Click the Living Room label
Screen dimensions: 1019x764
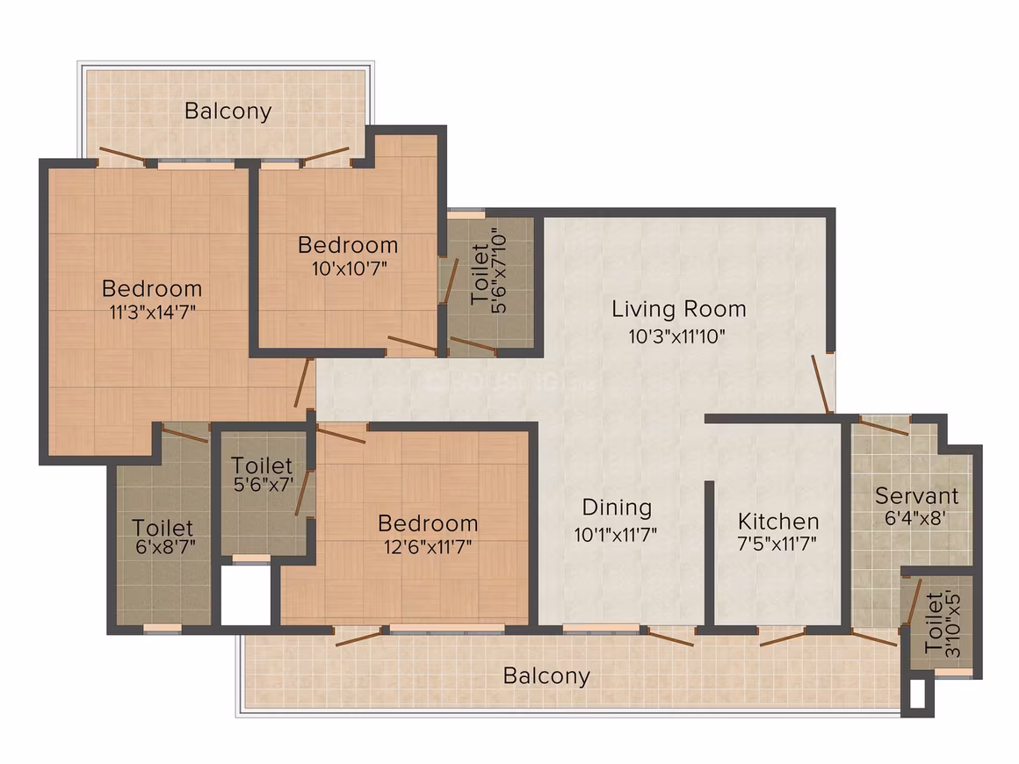tap(678, 308)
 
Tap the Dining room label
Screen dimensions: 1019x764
tap(617, 508)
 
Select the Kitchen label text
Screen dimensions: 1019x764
tap(778, 521)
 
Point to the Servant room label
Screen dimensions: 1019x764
tap(916, 495)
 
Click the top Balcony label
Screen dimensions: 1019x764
tap(228, 111)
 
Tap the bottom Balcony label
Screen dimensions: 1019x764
tap(546, 675)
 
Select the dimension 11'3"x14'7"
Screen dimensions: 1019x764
tap(152, 313)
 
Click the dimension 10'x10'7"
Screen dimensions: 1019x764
tap(349, 269)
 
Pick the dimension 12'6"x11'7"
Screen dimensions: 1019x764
tap(428, 546)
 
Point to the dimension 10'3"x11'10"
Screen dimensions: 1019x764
tap(676, 336)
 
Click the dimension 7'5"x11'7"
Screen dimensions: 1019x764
tap(777, 543)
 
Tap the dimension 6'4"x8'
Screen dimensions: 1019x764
tap(915, 518)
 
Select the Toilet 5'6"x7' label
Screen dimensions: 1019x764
tap(263, 474)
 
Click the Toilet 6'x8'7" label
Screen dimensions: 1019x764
tap(163, 537)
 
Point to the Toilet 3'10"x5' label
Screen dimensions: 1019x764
tap(943, 623)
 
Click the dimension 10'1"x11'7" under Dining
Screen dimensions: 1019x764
tap(616, 535)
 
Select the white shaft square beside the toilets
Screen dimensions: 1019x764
tap(246, 595)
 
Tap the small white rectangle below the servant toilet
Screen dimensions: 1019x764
tap(917, 694)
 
